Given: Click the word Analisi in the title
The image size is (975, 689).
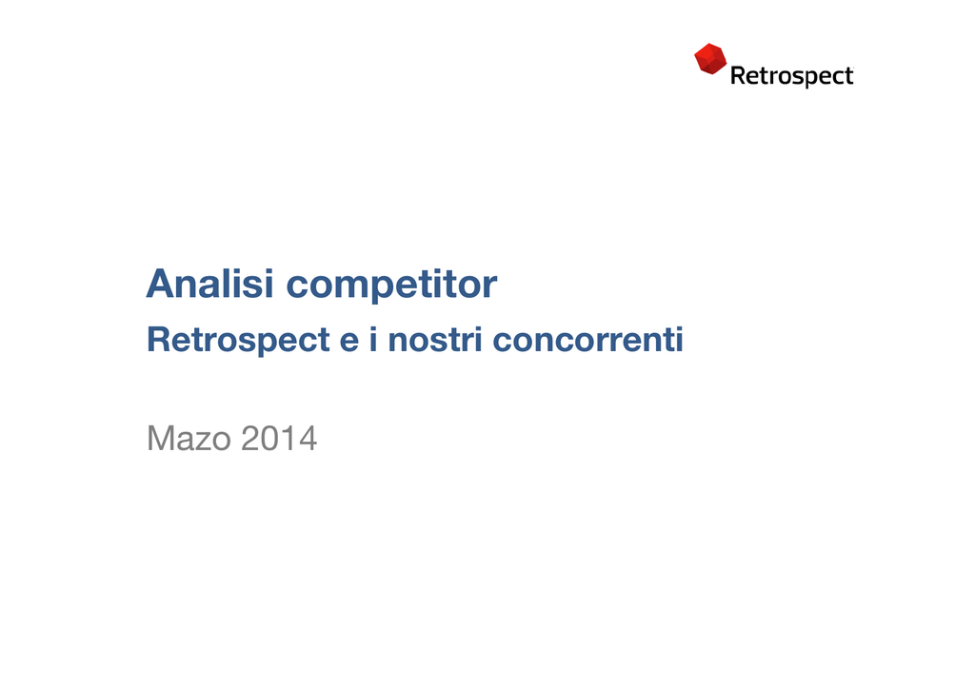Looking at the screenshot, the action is point(210,284).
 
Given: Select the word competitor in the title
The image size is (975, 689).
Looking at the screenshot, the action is point(391,285).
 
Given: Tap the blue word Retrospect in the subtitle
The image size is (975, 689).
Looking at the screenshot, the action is point(238,341).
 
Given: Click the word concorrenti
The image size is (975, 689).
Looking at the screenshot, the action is point(587,340).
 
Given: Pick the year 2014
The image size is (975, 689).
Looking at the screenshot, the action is point(279,438).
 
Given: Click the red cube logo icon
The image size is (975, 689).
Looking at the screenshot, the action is point(710,58).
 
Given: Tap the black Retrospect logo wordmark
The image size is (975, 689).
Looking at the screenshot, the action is point(791,76).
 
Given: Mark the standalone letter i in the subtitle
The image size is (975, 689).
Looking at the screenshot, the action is point(373,339).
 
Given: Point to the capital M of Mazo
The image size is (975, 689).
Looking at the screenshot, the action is point(160,438).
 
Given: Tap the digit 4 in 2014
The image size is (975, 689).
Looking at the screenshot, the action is point(308,438).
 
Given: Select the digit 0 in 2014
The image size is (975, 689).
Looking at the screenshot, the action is point(269,438).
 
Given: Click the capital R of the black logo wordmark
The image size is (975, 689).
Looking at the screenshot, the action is point(738,75).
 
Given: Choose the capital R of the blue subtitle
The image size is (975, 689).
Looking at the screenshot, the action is point(159,339).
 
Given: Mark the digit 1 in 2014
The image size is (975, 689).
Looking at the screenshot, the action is point(287,438).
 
